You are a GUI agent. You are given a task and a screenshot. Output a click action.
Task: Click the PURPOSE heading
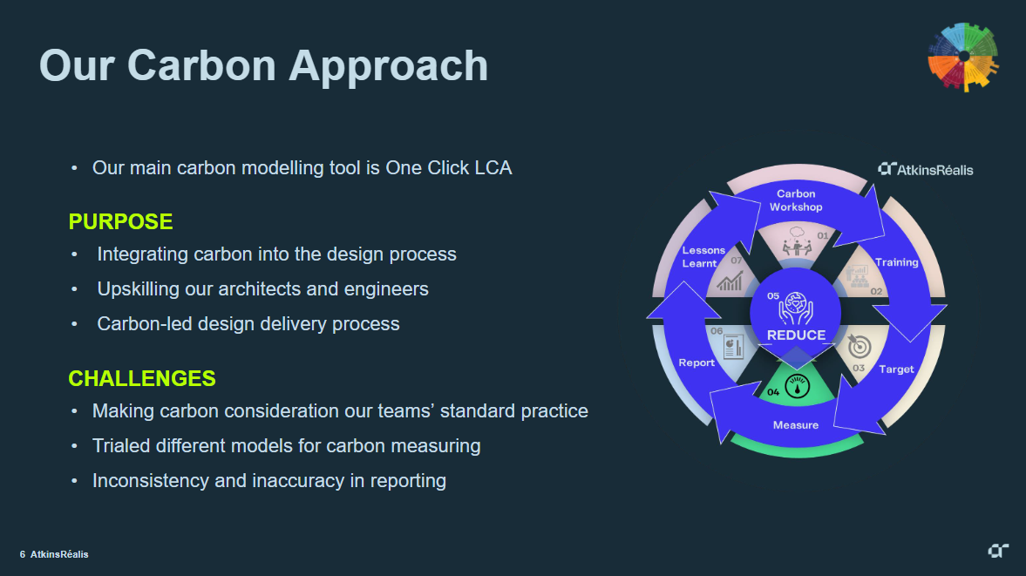pyautogui.click(x=120, y=222)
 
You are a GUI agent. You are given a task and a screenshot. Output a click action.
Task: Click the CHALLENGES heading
pyautogui.click(x=142, y=379)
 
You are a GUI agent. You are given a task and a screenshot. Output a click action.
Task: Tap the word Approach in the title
pyautogui.click(x=389, y=66)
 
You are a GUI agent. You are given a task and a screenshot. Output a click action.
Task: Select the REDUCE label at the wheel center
pyautogui.click(x=796, y=335)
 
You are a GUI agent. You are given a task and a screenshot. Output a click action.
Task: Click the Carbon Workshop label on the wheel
pyautogui.click(x=796, y=200)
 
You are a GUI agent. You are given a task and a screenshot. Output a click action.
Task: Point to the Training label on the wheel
pyautogui.click(x=897, y=262)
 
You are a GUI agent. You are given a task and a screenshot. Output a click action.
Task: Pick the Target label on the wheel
pyautogui.click(x=896, y=369)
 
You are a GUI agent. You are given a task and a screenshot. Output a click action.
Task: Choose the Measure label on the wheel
pyautogui.click(x=796, y=425)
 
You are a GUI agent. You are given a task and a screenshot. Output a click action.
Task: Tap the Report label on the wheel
pyautogui.click(x=696, y=363)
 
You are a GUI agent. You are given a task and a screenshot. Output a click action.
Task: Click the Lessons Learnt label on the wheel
pyautogui.click(x=703, y=257)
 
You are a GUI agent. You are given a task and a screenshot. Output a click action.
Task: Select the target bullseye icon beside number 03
pyautogui.click(x=859, y=346)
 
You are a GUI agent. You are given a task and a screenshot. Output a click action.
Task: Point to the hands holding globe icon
pyautogui.click(x=796, y=307)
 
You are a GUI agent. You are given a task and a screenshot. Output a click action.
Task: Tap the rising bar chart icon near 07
pyautogui.click(x=730, y=281)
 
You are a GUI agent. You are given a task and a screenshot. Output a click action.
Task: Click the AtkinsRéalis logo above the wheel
pyautogui.click(x=925, y=169)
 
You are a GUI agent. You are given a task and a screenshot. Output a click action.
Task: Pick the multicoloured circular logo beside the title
pyautogui.click(x=963, y=57)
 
